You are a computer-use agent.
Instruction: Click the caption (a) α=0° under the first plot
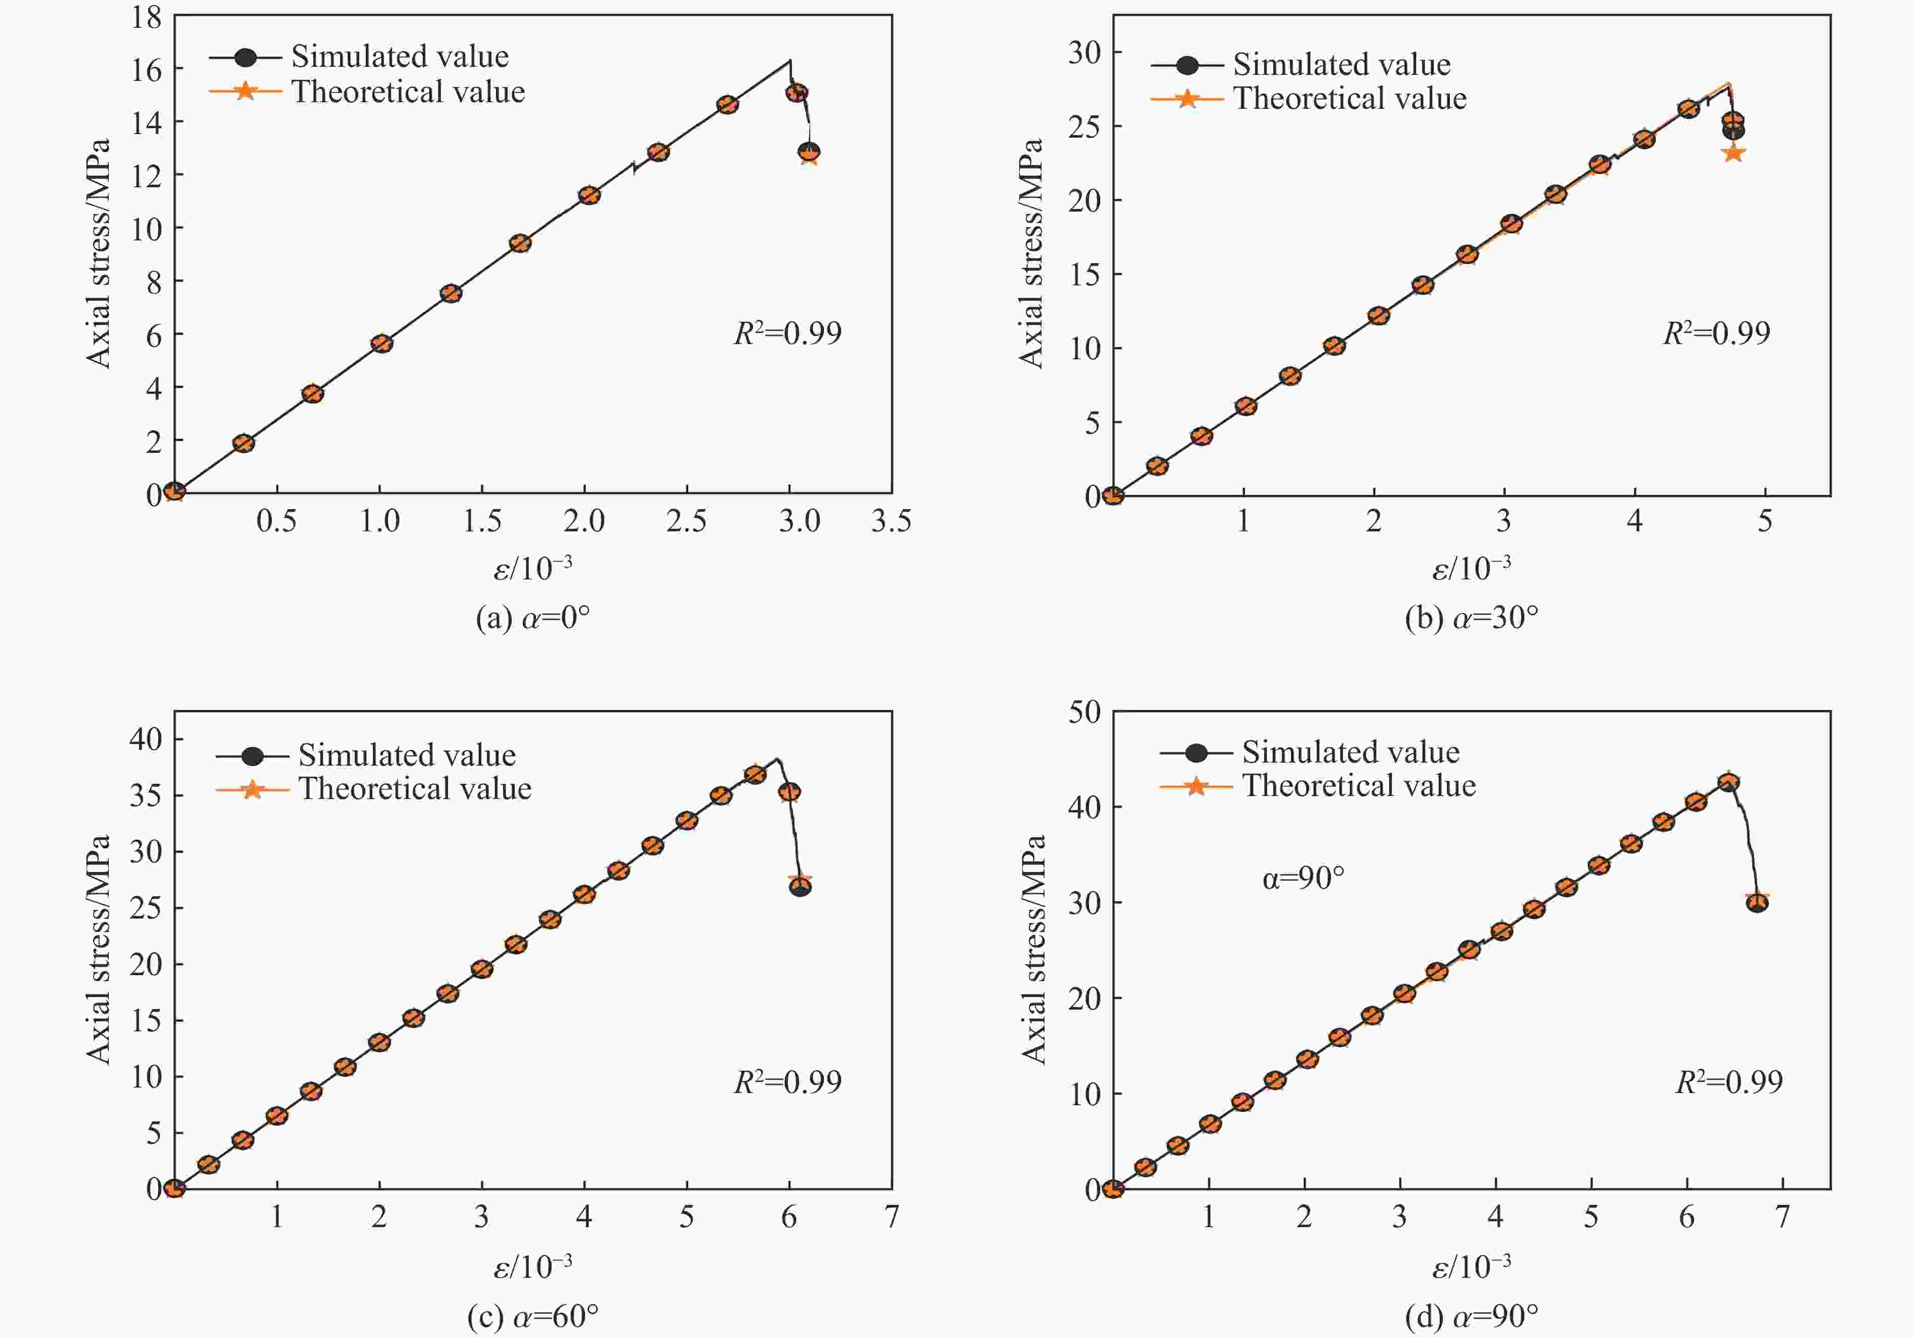(x=532, y=618)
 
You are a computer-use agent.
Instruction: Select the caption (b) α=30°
(x=1471, y=618)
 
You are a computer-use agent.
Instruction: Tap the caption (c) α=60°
(x=532, y=1316)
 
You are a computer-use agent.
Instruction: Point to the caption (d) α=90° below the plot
(x=1471, y=1316)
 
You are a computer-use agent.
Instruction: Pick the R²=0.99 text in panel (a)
(x=787, y=333)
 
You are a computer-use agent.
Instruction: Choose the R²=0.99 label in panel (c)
(x=787, y=1081)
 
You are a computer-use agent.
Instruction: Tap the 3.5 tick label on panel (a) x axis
(x=891, y=521)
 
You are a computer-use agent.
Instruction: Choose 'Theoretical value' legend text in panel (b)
(x=1350, y=98)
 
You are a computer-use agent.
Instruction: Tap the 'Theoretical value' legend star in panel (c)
(x=252, y=789)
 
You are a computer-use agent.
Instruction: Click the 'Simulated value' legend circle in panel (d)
(x=1195, y=753)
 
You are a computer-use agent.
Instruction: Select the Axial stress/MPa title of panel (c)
(x=98, y=950)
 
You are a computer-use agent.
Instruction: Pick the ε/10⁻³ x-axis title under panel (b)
(x=1471, y=568)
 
